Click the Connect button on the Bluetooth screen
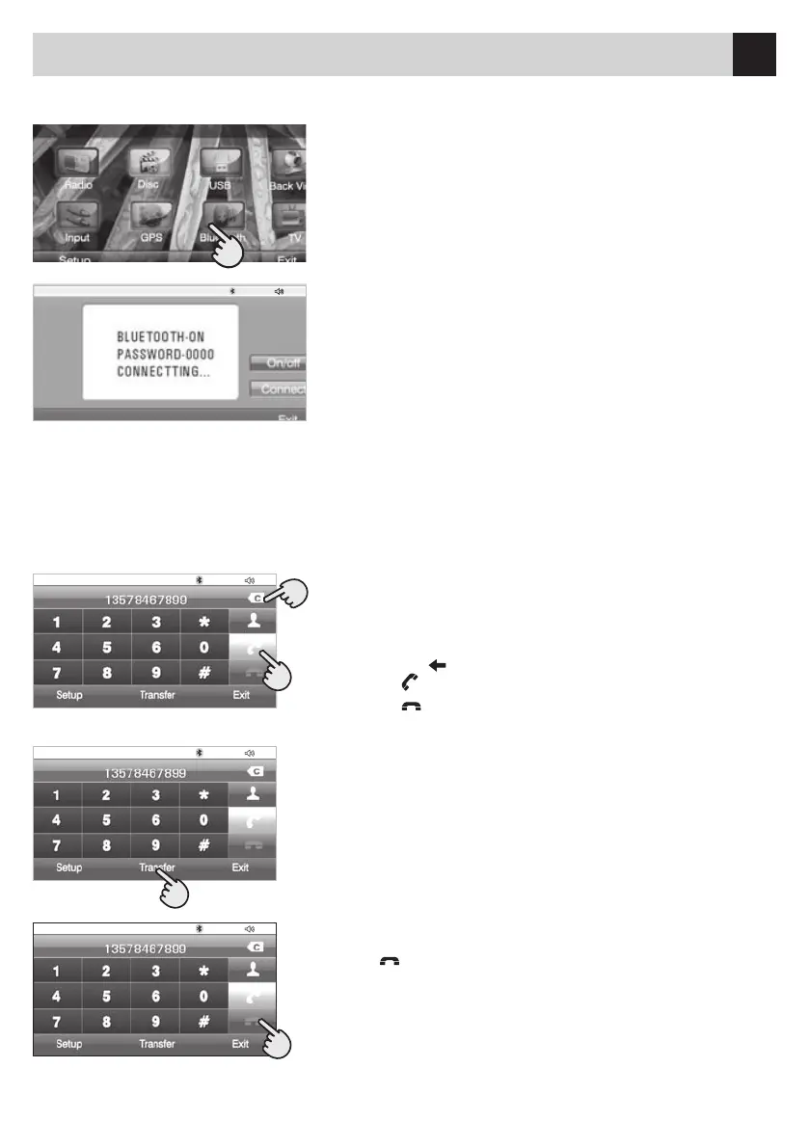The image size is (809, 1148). coord(279,389)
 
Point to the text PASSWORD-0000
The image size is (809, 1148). coord(159,354)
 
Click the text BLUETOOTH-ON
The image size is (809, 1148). coord(159,337)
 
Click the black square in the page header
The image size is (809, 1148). coord(753,54)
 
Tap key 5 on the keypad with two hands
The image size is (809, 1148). coord(106,648)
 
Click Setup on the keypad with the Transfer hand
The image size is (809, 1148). coord(68,867)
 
